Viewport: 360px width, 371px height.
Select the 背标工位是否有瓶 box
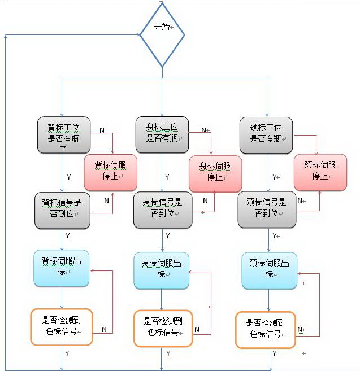click(63, 134)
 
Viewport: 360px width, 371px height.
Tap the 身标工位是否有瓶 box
click(162, 133)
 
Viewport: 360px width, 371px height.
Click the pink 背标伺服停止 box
click(111, 172)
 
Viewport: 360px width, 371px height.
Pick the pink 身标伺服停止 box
click(215, 173)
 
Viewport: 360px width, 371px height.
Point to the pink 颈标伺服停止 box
click(320, 172)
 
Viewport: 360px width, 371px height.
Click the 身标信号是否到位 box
click(162, 209)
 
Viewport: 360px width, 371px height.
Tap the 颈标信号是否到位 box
click(266, 209)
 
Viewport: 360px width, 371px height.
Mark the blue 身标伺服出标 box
click(162, 270)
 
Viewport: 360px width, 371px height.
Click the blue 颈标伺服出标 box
click(269, 270)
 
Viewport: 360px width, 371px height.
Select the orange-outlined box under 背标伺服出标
click(61, 327)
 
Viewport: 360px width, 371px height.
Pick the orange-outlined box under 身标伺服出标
click(163, 328)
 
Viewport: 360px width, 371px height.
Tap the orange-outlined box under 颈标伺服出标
click(266, 330)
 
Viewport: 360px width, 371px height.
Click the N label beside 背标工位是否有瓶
click(102, 130)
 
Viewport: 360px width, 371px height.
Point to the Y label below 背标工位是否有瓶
click(68, 177)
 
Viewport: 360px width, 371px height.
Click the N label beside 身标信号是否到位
click(205, 200)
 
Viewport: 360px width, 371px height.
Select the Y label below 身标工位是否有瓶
click(167, 177)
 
